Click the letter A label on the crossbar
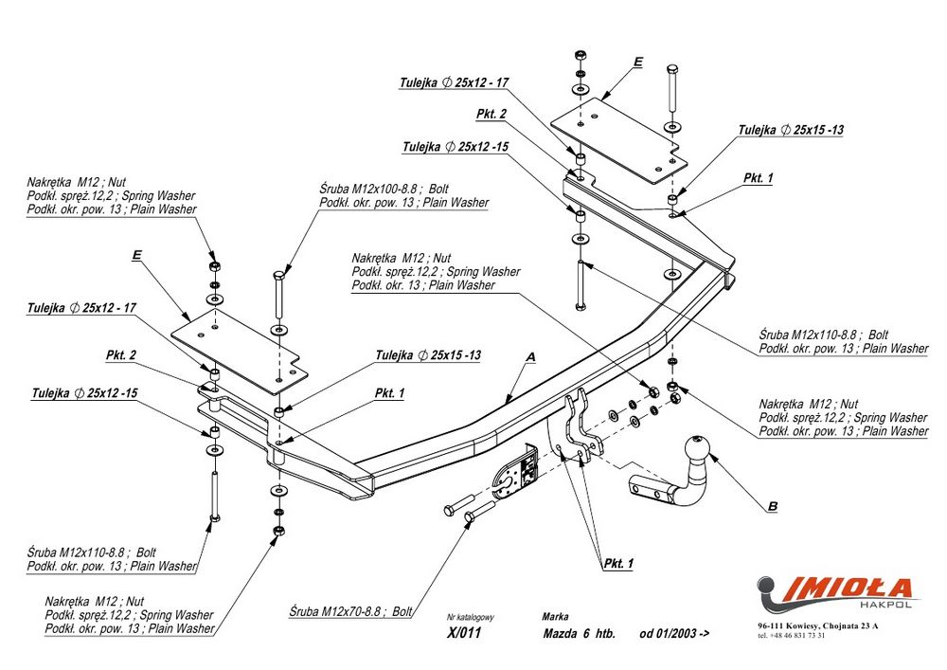click(530, 356)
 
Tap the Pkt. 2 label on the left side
click(121, 355)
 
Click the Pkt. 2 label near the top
click(491, 115)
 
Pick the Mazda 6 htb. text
click(579, 635)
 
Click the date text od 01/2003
click(673, 635)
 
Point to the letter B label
click(772, 506)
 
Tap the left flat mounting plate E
click(237, 352)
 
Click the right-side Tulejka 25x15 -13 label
click(792, 130)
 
